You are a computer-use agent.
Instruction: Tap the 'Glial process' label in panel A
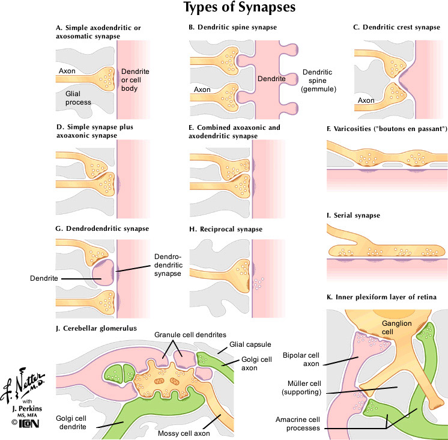(78, 98)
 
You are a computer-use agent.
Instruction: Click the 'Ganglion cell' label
(398, 328)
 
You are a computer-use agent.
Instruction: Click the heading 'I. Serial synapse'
(351, 215)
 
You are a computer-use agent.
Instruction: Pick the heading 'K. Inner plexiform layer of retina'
(384, 297)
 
